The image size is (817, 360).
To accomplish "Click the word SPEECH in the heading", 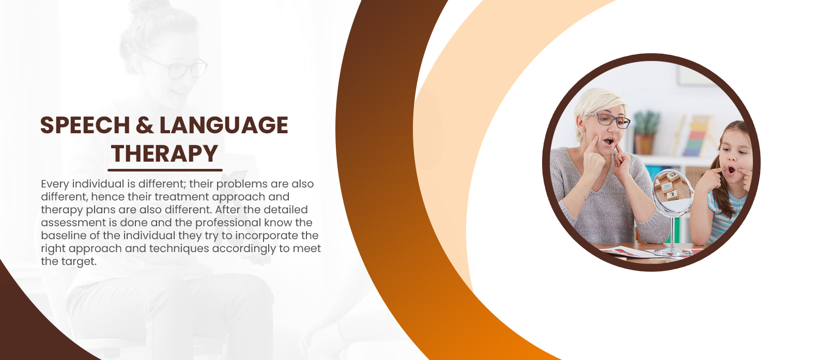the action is [85, 125].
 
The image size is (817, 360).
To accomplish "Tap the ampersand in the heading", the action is [145, 125].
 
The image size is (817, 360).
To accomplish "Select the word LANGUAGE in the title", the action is [224, 125].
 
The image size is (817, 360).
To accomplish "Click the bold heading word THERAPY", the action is [164, 153].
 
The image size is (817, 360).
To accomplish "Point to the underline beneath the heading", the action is [165, 170].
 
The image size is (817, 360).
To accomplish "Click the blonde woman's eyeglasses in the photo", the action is [610, 120].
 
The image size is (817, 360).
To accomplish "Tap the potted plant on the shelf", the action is [646, 133].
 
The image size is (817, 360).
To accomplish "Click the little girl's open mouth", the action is [731, 170].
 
